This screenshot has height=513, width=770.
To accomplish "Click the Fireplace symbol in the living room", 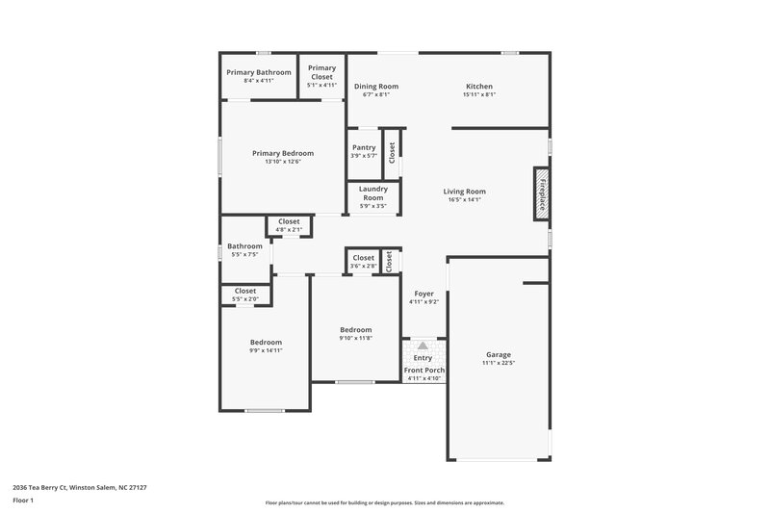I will point(542,193).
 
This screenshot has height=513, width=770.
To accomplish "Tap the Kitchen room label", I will point(478,86).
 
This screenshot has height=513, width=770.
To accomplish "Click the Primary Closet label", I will point(322,72).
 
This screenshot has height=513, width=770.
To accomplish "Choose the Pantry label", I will point(364,147).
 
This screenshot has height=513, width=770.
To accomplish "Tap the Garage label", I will point(498,354).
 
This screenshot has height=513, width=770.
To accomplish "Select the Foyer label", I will point(423,293).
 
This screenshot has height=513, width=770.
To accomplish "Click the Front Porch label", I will point(423,370).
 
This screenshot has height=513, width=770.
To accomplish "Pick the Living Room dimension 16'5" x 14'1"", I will point(464,200).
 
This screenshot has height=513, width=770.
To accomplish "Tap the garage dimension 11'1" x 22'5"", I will point(499,363).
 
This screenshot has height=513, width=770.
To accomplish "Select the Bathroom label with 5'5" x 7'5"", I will point(244,245).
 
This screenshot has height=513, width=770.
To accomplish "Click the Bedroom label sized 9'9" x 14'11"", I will point(266,343).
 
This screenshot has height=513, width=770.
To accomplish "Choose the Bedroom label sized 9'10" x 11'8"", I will point(355,329).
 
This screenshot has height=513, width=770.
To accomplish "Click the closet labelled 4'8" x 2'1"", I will point(289,221).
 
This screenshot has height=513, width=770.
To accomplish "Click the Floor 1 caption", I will point(23,500).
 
